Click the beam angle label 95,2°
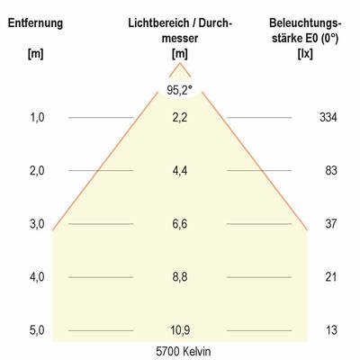pos(180,89)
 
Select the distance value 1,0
pos(36,117)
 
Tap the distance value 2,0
pos(36,170)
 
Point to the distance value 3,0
pos(36,223)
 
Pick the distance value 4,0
pos(36,276)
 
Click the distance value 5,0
pos(36,330)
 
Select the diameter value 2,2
pos(180,117)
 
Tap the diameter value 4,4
pos(180,170)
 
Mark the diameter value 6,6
pos(180,223)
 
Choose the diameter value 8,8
pos(180,276)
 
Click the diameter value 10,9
pos(180,330)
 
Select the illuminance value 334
pos(328,117)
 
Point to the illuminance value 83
pos(330,170)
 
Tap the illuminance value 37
pos(330,223)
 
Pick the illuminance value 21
pos(330,276)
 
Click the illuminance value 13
pos(330,330)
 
